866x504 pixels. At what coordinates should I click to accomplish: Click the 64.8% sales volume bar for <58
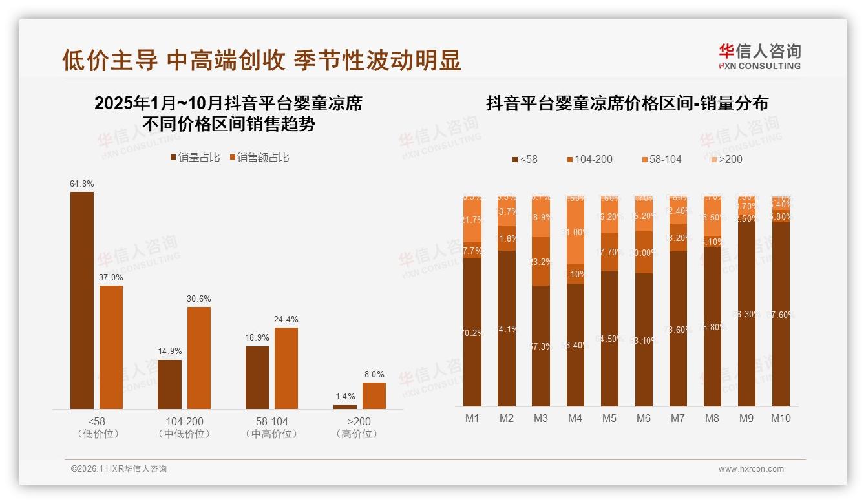[x=82, y=300]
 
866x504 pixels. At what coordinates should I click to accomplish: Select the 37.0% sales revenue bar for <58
[x=111, y=347]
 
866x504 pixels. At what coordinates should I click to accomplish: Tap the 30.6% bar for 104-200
[x=199, y=357]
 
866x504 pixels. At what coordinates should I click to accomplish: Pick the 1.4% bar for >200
[x=345, y=406]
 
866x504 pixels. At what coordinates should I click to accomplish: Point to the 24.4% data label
[x=286, y=319]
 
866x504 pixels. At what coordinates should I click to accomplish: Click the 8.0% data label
[x=374, y=374]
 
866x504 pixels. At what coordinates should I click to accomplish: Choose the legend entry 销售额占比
[x=259, y=157]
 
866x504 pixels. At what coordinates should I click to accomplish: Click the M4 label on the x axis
[x=575, y=418]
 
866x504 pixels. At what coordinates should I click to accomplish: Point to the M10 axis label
[x=781, y=418]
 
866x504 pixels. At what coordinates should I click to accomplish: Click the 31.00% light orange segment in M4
[x=575, y=231]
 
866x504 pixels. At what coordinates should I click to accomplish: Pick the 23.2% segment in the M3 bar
[x=541, y=262]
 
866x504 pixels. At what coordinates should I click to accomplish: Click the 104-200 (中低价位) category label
[x=184, y=427]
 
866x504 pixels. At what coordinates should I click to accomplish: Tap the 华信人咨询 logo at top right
[x=759, y=56]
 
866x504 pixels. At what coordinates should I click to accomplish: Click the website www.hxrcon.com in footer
[x=750, y=469]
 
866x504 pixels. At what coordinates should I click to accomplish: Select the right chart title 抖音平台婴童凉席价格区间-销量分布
[x=627, y=103]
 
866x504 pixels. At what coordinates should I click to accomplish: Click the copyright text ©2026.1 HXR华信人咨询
[x=118, y=469]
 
